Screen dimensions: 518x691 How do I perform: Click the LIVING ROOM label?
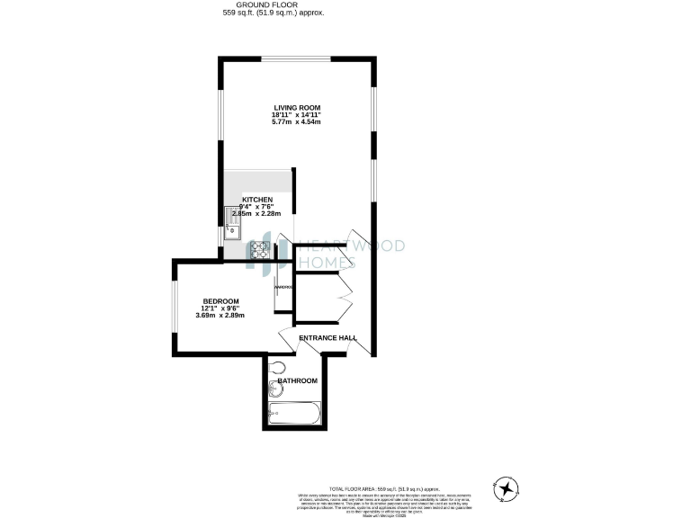[297, 108]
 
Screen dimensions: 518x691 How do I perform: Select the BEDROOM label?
[220, 300]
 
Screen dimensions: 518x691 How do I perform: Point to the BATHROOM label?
[298, 381]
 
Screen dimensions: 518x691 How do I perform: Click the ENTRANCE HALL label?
[328, 338]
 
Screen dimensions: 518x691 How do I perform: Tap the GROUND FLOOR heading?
[274, 5]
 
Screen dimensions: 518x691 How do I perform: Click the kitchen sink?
[231, 221]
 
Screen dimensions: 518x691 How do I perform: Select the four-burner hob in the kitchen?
[260, 248]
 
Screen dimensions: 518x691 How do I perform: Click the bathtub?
[293, 415]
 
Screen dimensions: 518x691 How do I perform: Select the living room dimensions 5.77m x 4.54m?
[297, 122]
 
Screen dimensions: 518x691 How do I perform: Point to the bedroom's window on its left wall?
[176, 306]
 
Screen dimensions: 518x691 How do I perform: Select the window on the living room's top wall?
[297, 59]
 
